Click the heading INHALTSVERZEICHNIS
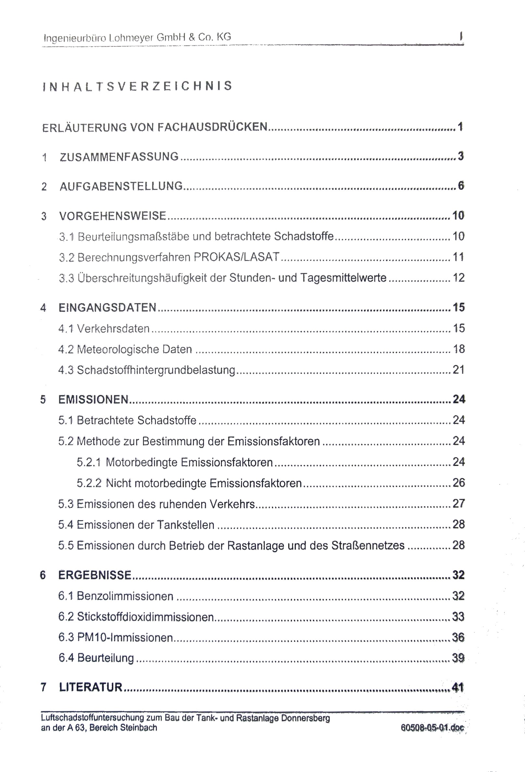point(137,86)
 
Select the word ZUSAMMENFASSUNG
point(119,157)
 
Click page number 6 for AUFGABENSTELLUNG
point(461,186)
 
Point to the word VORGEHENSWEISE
point(113,216)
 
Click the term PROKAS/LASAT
point(237,257)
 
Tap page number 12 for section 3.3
point(458,278)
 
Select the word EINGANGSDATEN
point(108,308)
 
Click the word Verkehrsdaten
point(113,328)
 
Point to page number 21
point(458,370)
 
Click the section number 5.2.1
point(89,462)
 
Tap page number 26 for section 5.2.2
point(458,483)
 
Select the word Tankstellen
point(186,525)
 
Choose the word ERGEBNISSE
point(95,575)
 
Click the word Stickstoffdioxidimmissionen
point(145,617)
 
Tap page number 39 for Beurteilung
point(458,658)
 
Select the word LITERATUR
point(91,687)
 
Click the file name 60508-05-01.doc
point(432,728)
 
